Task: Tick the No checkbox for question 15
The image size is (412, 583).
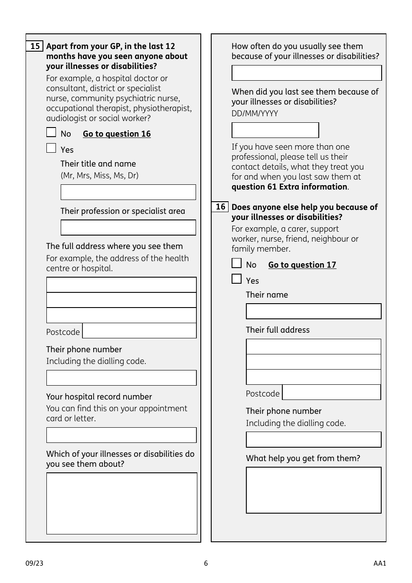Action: (51, 132)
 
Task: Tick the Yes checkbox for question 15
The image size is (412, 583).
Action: (51, 148)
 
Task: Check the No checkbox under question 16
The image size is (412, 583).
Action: (236, 263)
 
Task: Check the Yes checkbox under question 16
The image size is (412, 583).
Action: (236, 279)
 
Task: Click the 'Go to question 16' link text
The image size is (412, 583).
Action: (117, 134)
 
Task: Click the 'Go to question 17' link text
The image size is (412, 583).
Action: (302, 265)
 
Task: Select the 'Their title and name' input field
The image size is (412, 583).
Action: (128, 192)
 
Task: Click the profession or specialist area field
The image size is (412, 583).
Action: (128, 228)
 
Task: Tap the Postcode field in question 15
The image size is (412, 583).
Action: (139, 331)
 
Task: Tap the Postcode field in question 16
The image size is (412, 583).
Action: (331, 393)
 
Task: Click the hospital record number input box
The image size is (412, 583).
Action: (121, 435)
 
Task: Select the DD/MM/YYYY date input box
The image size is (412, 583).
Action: (275, 130)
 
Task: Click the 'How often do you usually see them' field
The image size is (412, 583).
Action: (307, 73)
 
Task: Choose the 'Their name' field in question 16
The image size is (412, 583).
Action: (314, 311)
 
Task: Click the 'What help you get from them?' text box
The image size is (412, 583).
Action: (314, 490)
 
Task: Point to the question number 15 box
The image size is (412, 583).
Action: (35, 46)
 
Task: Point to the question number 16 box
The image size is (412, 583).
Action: (220, 207)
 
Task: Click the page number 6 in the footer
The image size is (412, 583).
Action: (206, 563)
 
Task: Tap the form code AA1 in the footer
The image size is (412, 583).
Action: (379, 563)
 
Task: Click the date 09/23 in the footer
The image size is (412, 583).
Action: (34, 563)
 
